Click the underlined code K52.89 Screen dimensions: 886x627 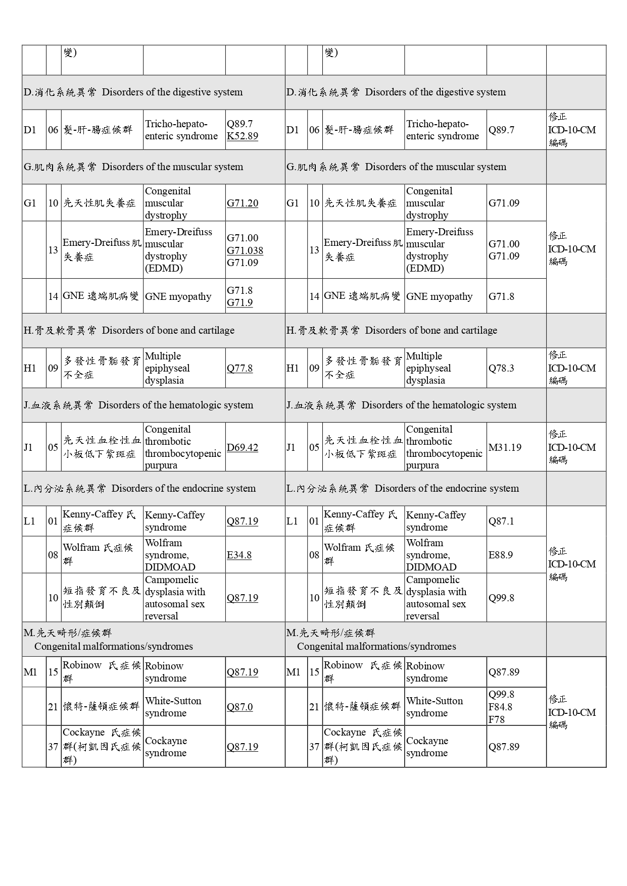[x=243, y=136]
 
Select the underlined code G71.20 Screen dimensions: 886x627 [x=243, y=203]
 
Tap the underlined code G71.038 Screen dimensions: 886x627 [x=245, y=250]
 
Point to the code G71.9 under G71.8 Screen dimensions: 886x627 [x=239, y=302]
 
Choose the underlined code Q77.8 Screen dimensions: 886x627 [x=239, y=368]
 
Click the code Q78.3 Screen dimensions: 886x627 [x=501, y=368]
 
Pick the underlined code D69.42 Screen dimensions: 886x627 [x=243, y=447]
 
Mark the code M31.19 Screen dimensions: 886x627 [x=505, y=447]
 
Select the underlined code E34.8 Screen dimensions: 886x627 [x=239, y=555]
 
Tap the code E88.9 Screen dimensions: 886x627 [x=501, y=555]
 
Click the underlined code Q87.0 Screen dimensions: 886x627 [x=239, y=707]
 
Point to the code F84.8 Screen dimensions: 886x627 [x=500, y=707]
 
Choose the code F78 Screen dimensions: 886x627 [x=496, y=719]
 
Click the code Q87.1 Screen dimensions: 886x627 [x=501, y=521]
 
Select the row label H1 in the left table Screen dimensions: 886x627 [x=30, y=368]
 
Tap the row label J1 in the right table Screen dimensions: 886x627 [x=291, y=447]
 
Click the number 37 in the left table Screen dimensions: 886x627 [x=53, y=747]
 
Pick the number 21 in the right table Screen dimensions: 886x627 [x=314, y=707]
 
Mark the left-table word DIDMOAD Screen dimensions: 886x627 [x=170, y=567]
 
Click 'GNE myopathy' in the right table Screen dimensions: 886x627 [x=439, y=296]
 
